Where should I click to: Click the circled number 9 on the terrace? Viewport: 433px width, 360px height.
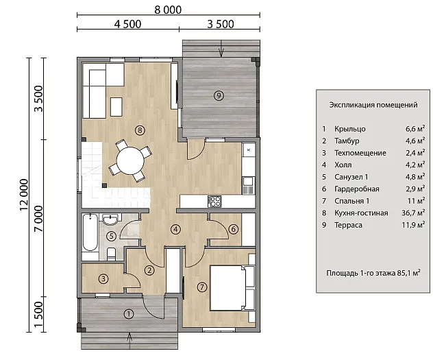pos(219,95)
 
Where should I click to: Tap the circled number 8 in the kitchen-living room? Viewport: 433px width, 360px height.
pos(140,130)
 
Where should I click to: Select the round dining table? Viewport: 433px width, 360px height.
pos(130,160)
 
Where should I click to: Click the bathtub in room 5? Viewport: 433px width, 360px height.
pos(90,232)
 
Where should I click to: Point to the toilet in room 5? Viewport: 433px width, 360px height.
pos(111,254)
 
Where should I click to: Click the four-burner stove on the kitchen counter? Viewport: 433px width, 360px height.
pos(214,201)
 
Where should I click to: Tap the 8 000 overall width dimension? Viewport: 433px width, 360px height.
pos(168,10)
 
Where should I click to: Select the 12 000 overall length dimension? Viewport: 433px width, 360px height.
pos(24,195)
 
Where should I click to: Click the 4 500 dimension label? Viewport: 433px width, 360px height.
pos(127,24)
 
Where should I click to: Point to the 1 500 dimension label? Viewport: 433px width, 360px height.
pos(38,313)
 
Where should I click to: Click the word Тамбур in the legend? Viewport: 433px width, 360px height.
pos(347,141)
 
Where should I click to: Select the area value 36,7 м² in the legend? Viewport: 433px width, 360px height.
pos(413,213)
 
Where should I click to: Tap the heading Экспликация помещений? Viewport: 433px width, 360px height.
pos(373,105)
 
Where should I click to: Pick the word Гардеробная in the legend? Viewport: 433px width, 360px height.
pos(357,189)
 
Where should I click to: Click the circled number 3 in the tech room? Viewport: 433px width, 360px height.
pos(103,278)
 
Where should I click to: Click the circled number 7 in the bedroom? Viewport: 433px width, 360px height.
pos(202,287)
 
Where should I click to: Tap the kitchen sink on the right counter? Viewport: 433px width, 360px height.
pos(248,181)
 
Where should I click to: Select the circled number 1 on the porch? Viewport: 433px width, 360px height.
pos(129,314)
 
